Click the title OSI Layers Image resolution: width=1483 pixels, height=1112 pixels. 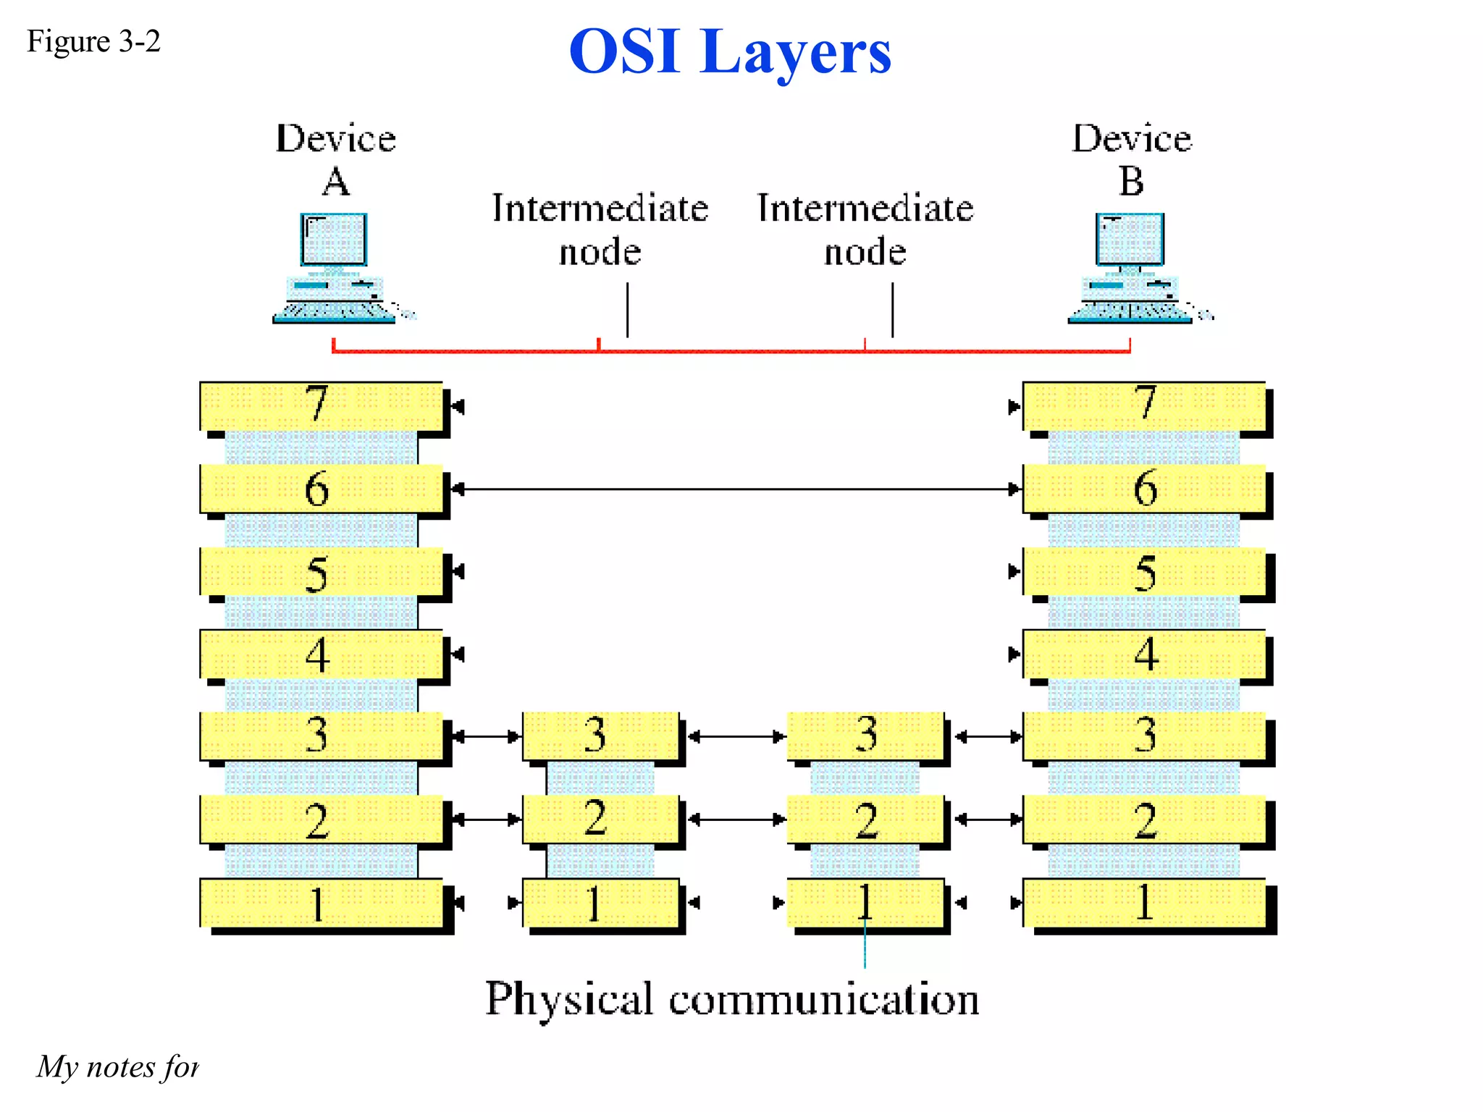click(x=730, y=52)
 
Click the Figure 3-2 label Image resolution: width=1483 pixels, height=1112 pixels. click(x=93, y=41)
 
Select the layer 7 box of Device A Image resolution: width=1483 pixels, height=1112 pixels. click(x=321, y=405)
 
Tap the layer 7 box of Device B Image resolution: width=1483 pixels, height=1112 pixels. click(x=1144, y=405)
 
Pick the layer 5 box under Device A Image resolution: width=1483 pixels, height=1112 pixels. click(x=321, y=572)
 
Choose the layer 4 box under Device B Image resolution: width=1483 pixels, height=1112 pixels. click(x=1144, y=654)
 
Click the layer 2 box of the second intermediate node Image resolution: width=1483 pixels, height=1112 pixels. click(x=865, y=820)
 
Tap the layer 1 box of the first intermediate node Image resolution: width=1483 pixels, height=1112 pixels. click(x=600, y=902)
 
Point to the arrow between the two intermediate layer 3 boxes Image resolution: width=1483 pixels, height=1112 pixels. click(x=733, y=737)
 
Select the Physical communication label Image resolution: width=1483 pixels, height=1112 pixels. click(x=731, y=999)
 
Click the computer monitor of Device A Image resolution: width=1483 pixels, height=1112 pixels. click(x=334, y=239)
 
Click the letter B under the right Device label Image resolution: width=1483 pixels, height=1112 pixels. click(x=1131, y=181)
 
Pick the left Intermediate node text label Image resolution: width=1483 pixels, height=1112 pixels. click(x=600, y=229)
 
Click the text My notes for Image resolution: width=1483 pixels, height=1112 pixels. click(x=117, y=1067)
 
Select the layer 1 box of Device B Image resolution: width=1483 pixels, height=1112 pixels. click(x=1144, y=902)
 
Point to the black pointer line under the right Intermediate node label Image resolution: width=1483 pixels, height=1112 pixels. click(x=892, y=310)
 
